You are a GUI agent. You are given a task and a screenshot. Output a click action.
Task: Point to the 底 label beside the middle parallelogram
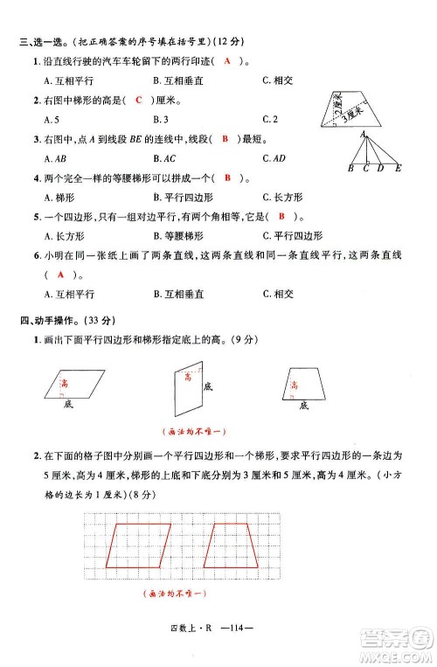207,386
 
